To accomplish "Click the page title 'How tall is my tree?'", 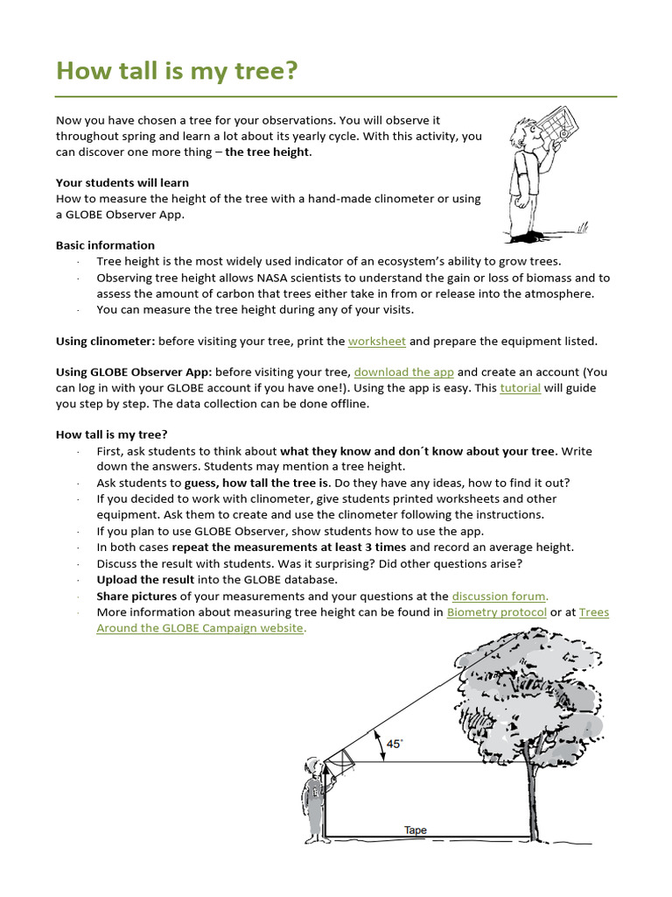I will pos(176,71).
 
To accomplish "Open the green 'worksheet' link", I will pos(376,341).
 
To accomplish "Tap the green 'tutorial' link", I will pos(520,388).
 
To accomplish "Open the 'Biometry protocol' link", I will pos(495,612).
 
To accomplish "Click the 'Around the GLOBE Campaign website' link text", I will pos(200,628).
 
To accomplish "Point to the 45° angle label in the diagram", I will pos(395,744).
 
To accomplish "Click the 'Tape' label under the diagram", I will pos(416,830).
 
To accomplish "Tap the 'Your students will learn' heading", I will pos(122,183).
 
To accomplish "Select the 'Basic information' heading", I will pos(105,245).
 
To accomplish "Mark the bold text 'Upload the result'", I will pos(145,580).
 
